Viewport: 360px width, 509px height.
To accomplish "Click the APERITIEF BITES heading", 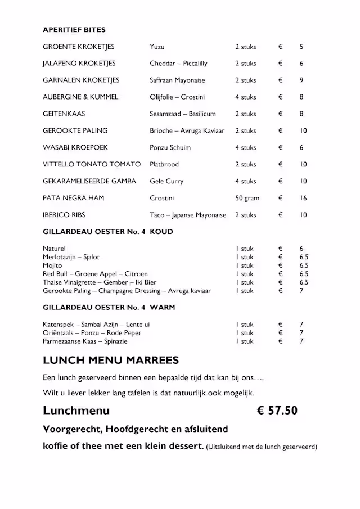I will [74, 30].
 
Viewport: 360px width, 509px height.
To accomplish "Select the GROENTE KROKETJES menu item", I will [78, 47].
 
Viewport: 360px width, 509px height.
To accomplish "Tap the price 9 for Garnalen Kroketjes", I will [301, 80].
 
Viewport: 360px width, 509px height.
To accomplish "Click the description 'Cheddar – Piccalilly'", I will [178, 64].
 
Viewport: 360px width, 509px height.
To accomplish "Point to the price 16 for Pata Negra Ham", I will [303, 198].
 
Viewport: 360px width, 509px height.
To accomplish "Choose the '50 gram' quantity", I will [247, 198].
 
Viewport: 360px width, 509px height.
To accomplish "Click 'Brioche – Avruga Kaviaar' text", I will [187, 130].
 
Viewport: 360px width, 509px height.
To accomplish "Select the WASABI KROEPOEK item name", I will [75, 147].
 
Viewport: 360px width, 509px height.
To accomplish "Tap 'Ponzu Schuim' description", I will [170, 147].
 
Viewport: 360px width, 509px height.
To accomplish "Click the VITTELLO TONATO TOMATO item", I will [92, 164].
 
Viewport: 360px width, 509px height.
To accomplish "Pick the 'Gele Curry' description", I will [166, 181].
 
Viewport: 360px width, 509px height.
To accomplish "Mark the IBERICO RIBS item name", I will [64, 215].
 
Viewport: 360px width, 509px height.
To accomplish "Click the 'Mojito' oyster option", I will [52, 265].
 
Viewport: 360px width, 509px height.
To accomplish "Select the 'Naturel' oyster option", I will [54, 249].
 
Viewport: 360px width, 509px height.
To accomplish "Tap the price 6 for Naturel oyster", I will [301, 249].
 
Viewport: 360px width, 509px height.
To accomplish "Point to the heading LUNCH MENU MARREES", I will [111, 361].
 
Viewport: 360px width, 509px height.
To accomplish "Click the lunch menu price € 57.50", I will [277, 411].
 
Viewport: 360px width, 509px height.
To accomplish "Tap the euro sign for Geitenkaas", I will [280, 114].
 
